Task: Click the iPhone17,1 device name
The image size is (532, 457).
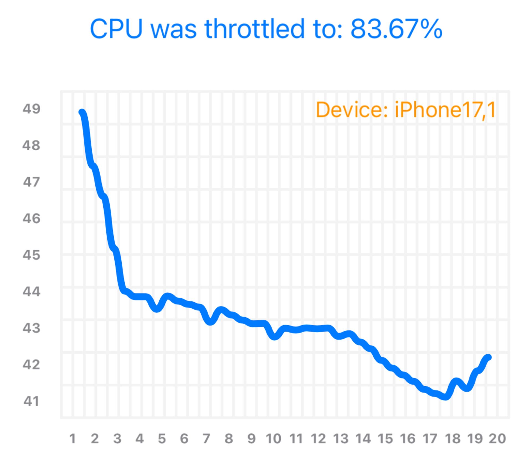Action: [445, 110]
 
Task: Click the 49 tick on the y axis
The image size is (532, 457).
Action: [31, 109]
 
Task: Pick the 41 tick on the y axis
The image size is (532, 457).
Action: [31, 401]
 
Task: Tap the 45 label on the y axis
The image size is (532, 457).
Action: [31, 255]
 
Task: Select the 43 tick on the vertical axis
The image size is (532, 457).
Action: [31, 328]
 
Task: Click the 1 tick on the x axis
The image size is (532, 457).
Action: [72, 439]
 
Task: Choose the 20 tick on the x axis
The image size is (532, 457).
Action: [497, 439]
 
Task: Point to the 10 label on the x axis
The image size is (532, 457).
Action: [273, 439]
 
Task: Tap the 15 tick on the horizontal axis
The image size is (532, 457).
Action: [385, 439]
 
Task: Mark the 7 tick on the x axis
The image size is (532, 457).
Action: [206, 439]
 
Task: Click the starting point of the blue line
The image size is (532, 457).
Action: [82, 112]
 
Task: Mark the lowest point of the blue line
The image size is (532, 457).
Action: [446, 397]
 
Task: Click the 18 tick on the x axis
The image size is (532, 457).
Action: [453, 439]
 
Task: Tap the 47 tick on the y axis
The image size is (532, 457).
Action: [31, 182]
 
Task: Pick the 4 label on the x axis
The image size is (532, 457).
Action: [139, 439]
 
